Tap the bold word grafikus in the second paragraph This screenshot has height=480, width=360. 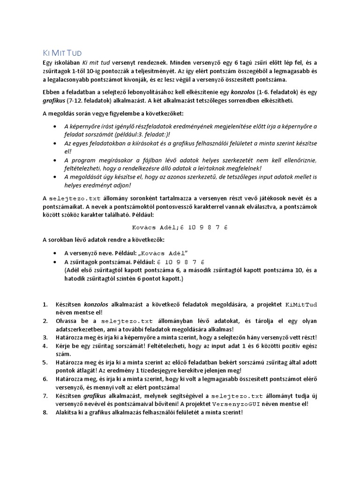pyautogui.click(x=55, y=100)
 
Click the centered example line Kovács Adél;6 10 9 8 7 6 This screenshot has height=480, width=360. pyautogui.click(x=180, y=227)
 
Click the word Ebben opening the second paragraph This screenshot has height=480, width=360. pyautogui.click(x=52, y=92)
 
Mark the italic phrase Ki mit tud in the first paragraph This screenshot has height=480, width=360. pyautogui.click(x=97, y=62)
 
